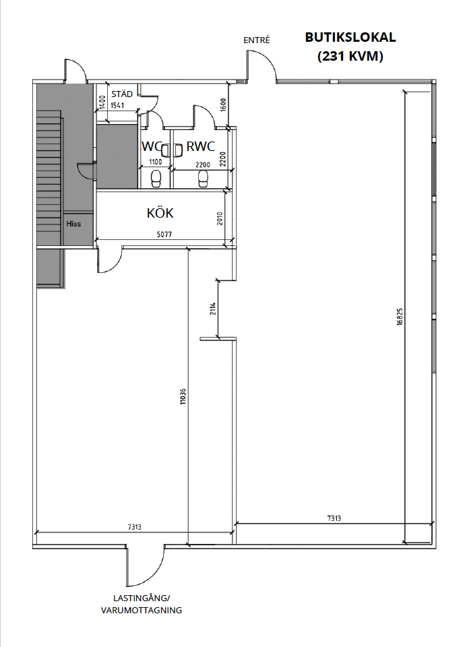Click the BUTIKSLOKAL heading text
pyautogui.click(x=350, y=37)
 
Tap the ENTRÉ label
pyautogui.click(x=256, y=40)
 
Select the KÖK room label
pyautogui.click(x=160, y=213)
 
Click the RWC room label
pyautogui.click(x=201, y=146)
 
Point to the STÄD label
pyautogui.click(x=122, y=94)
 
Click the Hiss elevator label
pyautogui.click(x=73, y=224)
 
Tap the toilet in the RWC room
pyautogui.click(x=203, y=179)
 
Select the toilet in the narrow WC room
pyautogui.click(x=156, y=179)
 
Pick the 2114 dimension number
pyautogui.click(x=212, y=309)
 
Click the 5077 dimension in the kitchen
pyautogui.click(x=164, y=235)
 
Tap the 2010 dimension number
pyautogui.click(x=220, y=218)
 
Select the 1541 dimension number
pyautogui.click(x=117, y=105)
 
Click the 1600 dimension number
pyautogui.click(x=223, y=105)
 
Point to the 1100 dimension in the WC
pyautogui.click(x=155, y=162)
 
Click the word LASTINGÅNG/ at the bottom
pyautogui.click(x=142, y=598)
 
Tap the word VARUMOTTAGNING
pyautogui.click(x=142, y=611)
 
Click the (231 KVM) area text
pyautogui.click(x=350, y=56)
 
